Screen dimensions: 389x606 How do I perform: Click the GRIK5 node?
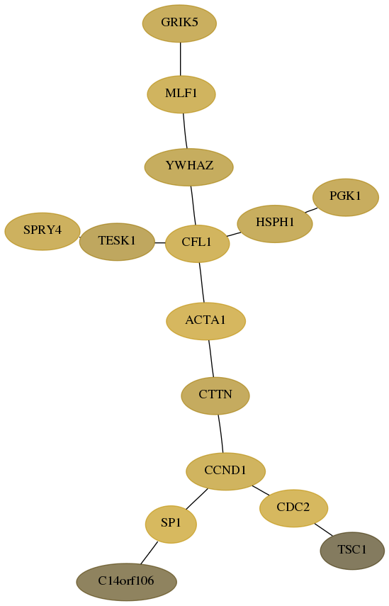[x=180, y=23]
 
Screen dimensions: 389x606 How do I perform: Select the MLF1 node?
[x=181, y=94]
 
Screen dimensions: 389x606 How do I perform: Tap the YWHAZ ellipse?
[x=189, y=167]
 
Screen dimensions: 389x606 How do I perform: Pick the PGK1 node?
[x=345, y=197]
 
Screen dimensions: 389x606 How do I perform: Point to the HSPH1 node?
[x=275, y=224]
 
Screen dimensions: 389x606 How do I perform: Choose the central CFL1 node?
[x=198, y=244]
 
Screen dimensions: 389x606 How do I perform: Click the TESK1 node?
[x=117, y=242]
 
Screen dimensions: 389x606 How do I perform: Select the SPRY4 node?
[x=43, y=231]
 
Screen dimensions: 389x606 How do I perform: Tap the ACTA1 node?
[x=206, y=321]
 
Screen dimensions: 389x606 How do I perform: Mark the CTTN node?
[x=215, y=395]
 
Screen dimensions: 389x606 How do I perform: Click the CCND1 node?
[x=225, y=471]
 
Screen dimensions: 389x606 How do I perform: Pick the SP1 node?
[x=171, y=524]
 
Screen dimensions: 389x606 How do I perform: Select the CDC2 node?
[x=293, y=508]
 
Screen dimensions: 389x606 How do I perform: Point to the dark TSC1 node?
[x=352, y=551]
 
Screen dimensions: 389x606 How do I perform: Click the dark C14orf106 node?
[x=126, y=582]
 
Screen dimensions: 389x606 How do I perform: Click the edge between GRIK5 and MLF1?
[x=181, y=59]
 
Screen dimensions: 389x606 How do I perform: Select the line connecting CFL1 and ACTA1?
[x=202, y=283]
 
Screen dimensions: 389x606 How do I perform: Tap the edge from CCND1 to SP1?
[x=196, y=499]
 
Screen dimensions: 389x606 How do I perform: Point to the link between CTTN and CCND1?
[x=220, y=434]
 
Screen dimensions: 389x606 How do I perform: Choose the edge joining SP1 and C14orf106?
[x=149, y=553]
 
